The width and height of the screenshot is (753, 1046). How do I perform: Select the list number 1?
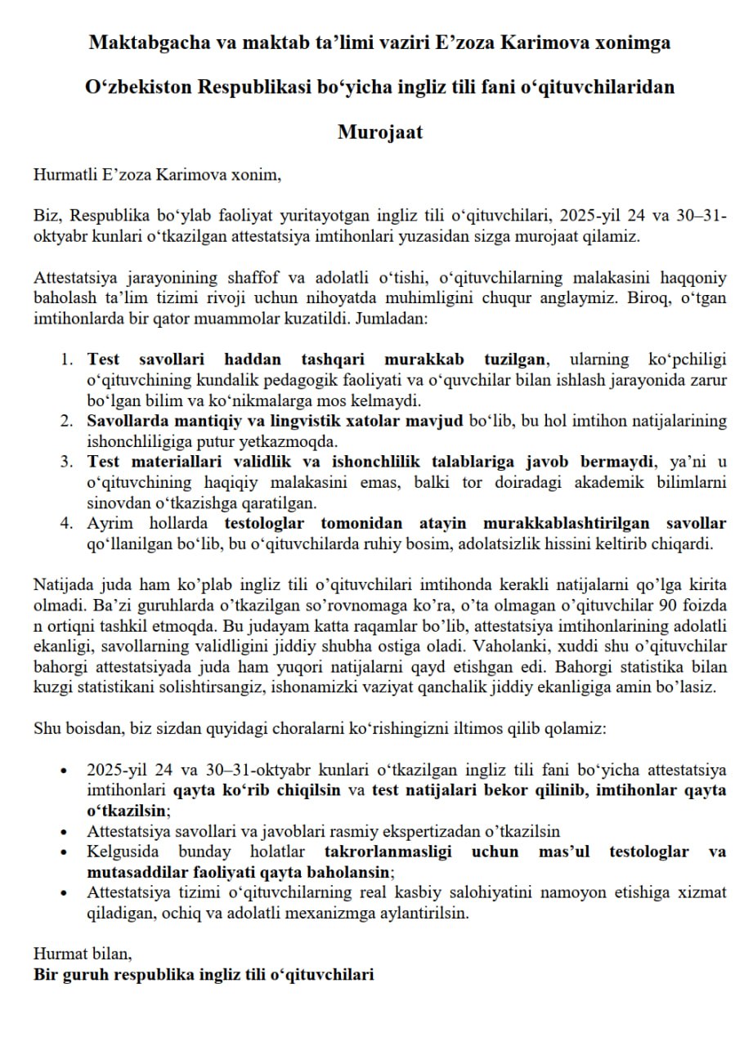(x=68, y=359)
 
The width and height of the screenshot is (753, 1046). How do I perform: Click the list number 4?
(x=68, y=523)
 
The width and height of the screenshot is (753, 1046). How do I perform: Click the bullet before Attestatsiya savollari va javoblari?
(x=66, y=832)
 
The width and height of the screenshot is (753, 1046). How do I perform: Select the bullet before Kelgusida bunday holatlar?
(x=66, y=852)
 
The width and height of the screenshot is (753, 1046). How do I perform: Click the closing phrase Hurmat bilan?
(x=82, y=954)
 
